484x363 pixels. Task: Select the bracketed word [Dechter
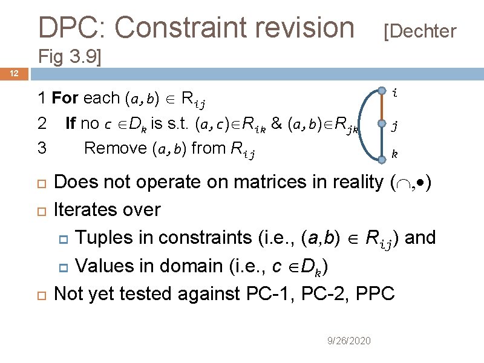420,31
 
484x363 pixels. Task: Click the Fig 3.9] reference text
70,57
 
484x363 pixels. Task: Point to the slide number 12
15,74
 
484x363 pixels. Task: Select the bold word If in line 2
70,123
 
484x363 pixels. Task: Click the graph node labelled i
382,91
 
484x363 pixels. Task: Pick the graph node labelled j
382,125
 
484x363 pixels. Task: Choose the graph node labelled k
382,160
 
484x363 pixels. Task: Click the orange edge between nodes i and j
382,108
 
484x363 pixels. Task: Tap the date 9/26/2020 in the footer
349,341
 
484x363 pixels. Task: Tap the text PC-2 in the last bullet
315,293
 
